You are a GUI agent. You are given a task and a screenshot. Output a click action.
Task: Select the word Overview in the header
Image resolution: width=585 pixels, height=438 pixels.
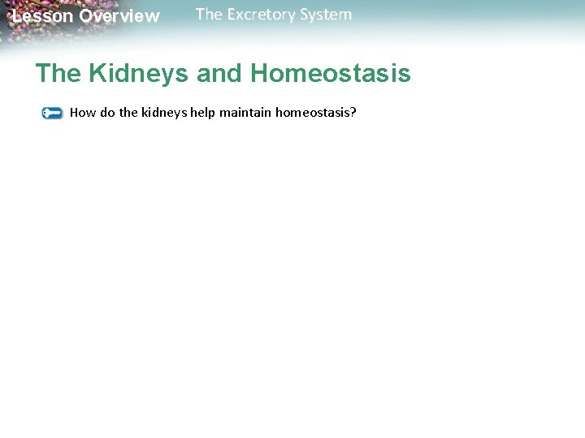coord(119,16)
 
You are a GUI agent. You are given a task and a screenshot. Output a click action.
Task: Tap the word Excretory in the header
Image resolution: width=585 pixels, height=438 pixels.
coord(262,15)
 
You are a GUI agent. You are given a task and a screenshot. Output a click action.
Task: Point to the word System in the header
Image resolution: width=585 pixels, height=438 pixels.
coord(327,15)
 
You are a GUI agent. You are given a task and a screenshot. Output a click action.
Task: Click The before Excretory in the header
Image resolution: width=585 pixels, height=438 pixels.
coord(209,15)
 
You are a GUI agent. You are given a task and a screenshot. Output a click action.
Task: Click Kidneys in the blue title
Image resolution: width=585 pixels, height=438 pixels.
coord(140,74)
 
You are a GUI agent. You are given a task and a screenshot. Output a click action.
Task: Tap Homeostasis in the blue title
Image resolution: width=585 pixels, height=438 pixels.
coord(331,74)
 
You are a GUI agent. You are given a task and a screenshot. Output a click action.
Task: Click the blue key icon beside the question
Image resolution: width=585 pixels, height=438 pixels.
coord(52,113)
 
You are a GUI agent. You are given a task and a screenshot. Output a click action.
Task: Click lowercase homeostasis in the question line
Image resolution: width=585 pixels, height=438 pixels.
coord(312,112)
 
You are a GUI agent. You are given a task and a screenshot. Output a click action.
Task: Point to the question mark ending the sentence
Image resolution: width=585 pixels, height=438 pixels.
coord(353,112)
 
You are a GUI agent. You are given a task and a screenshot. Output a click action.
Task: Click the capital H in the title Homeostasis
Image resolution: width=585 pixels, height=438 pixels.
coord(261,74)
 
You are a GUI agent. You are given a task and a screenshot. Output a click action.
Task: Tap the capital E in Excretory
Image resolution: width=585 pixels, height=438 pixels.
coord(229,15)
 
